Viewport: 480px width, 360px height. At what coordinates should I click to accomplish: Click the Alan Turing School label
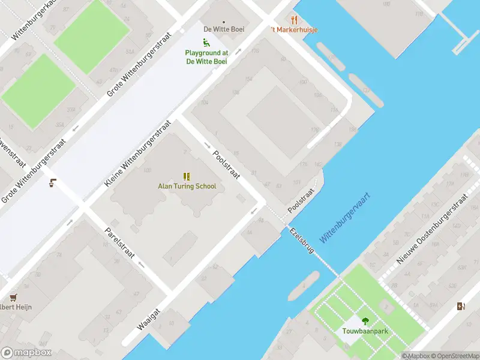click(187, 186)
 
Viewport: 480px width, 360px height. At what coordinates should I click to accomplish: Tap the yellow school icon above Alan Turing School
click(187, 176)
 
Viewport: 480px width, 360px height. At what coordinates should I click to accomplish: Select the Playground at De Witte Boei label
click(206, 57)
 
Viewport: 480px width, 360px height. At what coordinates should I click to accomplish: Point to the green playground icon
click(206, 42)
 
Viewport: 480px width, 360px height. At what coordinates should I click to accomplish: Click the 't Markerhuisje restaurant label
click(294, 29)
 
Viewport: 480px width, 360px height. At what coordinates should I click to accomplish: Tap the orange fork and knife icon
click(294, 19)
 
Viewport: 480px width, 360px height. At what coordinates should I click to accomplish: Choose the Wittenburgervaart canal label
click(344, 218)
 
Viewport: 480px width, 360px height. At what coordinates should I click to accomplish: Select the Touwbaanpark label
click(365, 331)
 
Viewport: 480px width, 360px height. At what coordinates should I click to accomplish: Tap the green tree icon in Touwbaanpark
click(365, 321)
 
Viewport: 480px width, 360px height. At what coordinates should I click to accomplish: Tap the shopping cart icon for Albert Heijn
click(13, 297)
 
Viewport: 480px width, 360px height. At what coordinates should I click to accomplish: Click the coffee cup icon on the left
click(53, 183)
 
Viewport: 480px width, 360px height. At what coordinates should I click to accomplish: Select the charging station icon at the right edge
click(461, 306)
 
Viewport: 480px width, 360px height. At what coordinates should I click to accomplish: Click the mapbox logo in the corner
click(26, 353)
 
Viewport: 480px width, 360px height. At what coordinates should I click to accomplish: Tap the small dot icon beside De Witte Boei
click(224, 22)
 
